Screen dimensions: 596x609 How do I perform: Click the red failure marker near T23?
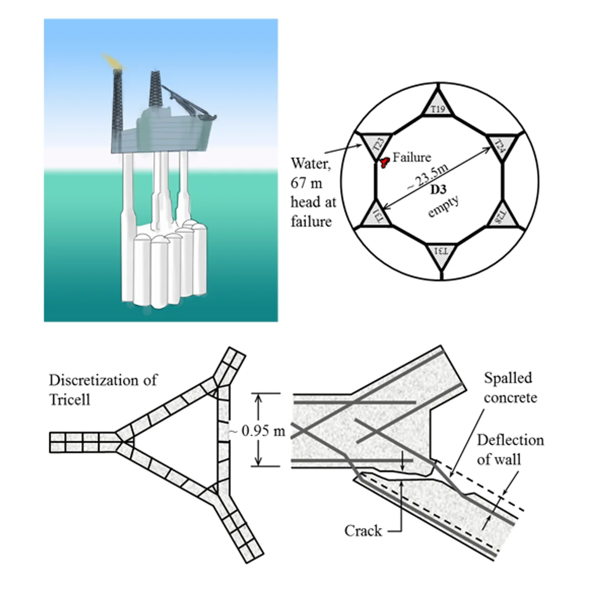(x=384, y=161)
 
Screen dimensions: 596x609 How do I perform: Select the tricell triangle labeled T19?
(x=437, y=106)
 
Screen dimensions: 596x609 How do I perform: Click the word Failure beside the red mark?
(x=412, y=157)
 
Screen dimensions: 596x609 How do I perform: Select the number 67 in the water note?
(x=300, y=183)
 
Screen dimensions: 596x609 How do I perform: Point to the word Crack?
(x=363, y=531)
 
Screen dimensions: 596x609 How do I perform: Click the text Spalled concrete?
(x=510, y=387)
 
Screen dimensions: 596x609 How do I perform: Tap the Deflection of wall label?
(x=510, y=449)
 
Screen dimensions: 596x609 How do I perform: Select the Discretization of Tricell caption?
(x=103, y=389)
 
